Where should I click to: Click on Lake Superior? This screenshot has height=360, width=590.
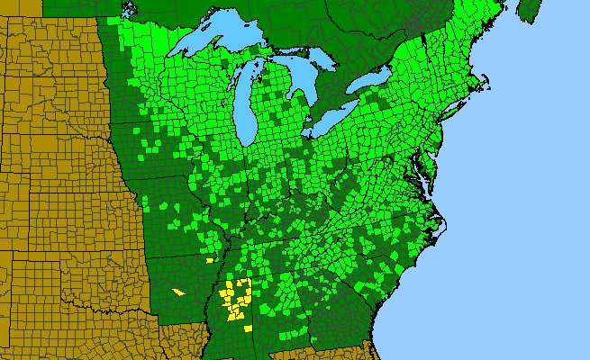click(216, 40)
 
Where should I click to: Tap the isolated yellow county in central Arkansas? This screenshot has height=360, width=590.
click(178, 292)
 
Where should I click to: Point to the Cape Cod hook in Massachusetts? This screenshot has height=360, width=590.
click(487, 88)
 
